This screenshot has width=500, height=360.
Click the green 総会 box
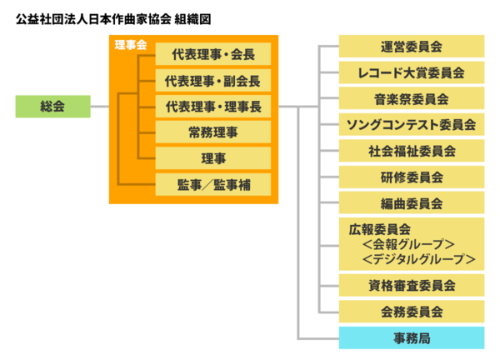coord(52,107)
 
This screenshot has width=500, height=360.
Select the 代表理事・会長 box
coord(212,54)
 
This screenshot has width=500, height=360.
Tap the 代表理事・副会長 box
coord(212,81)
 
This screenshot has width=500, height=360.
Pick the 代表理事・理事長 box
coord(212,107)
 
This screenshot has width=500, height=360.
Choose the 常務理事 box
coord(212,132)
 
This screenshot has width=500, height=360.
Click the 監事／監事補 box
coord(212,183)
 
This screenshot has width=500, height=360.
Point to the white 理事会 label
coord(129,45)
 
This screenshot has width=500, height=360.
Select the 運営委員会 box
coord(411,47)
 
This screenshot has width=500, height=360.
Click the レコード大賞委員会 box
coord(411,72)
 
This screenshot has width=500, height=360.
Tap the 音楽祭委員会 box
coord(411,98)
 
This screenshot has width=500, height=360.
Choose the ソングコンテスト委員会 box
coord(411,125)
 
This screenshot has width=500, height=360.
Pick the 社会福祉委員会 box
coord(411,151)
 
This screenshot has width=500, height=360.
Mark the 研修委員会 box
coord(411,177)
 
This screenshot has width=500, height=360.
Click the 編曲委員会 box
coord(411,202)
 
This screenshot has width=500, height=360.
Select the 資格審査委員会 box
coord(411,286)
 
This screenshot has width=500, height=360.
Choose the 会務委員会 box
coord(411,312)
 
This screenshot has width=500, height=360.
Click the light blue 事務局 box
coord(411,337)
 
